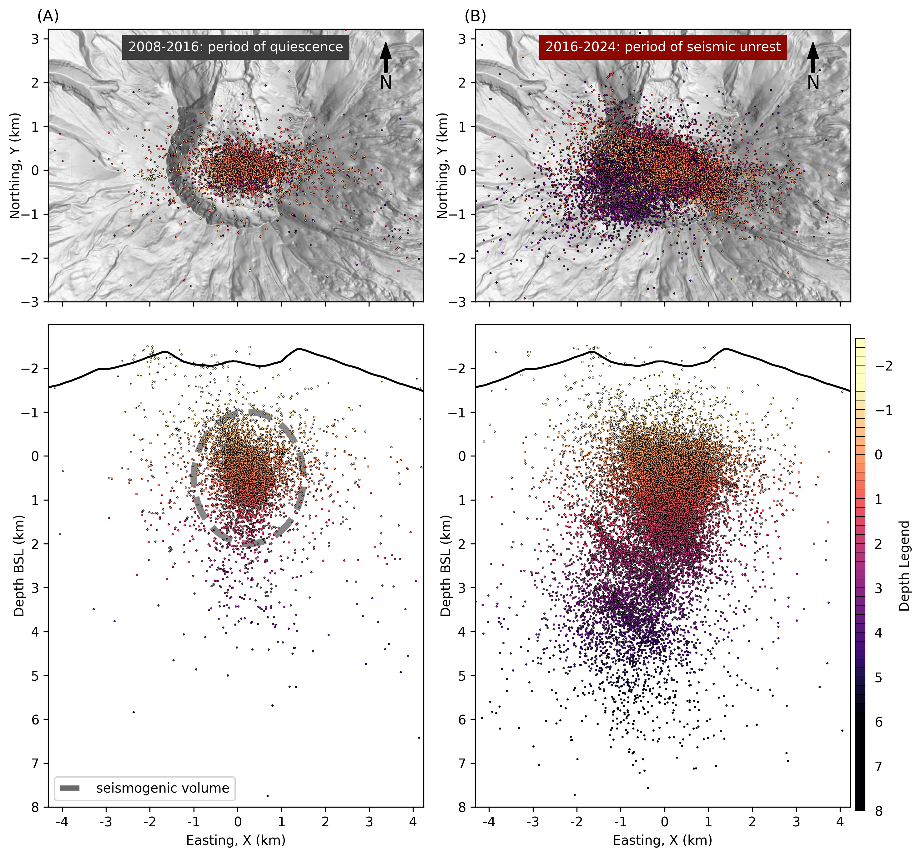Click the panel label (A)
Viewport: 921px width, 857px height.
point(48,16)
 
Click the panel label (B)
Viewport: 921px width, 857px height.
point(475,16)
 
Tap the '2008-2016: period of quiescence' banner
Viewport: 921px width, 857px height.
point(235,47)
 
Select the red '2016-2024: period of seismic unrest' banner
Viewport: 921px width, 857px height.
point(662,47)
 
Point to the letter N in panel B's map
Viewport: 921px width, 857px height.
point(813,83)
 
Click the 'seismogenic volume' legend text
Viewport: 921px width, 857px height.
point(163,788)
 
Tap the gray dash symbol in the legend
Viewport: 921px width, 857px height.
point(70,788)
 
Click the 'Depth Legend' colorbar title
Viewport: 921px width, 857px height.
point(904,566)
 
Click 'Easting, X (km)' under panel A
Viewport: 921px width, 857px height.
point(235,840)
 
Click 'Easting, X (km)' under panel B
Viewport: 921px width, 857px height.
point(662,840)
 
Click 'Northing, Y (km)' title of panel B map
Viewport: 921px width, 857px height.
point(442,165)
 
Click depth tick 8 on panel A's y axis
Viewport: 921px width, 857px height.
point(35,807)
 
